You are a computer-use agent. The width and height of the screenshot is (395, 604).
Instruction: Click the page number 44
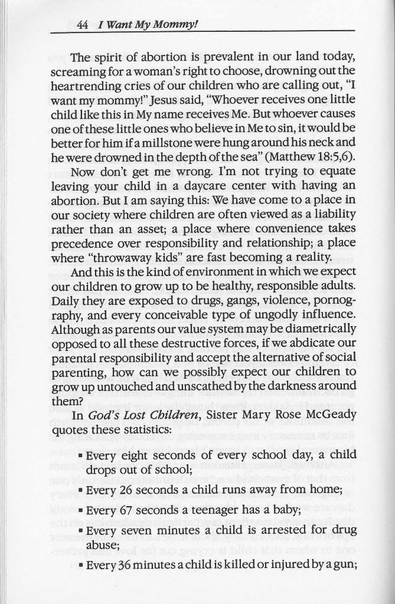tap(82, 25)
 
